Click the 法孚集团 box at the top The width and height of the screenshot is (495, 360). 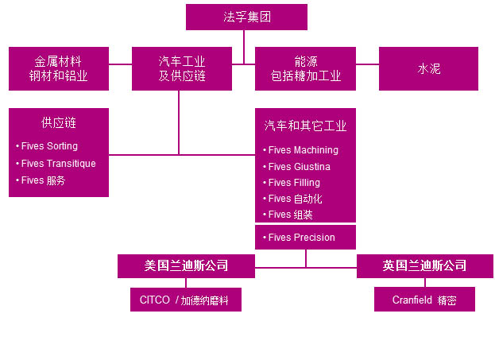(x=246, y=17)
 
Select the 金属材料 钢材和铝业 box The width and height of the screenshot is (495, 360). (x=59, y=68)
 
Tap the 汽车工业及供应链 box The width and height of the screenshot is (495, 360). (x=182, y=68)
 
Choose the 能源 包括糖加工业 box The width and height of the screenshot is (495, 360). (x=305, y=68)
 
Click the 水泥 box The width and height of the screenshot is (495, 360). (x=428, y=68)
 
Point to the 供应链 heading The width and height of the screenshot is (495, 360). (x=59, y=123)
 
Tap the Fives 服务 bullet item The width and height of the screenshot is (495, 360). (x=44, y=180)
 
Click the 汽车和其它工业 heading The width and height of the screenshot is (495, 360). (x=305, y=126)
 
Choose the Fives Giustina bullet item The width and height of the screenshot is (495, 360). (x=299, y=167)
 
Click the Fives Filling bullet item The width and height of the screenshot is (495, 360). (x=294, y=183)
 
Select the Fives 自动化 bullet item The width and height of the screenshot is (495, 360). (x=296, y=199)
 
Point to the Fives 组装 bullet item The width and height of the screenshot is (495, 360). (x=291, y=215)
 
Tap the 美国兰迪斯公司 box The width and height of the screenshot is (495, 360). (x=186, y=265)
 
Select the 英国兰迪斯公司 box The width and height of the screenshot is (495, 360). (x=424, y=265)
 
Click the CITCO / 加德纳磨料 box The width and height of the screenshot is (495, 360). (x=186, y=300)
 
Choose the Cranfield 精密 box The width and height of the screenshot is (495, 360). (x=424, y=300)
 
